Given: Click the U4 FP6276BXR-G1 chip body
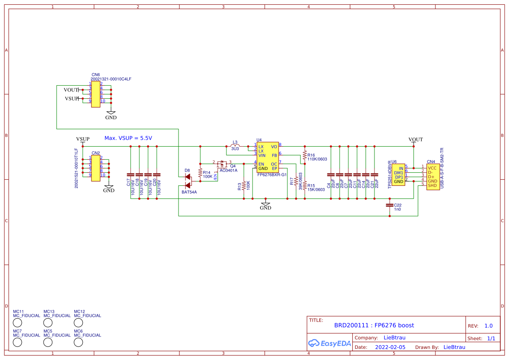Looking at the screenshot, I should (267, 157).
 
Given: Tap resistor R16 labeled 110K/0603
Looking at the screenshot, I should (304, 155).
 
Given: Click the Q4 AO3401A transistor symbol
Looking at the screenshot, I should (222, 164).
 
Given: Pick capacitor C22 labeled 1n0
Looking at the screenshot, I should (390, 205).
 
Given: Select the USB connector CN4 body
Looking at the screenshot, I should (432, 176).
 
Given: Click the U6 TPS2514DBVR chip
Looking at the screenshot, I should (398, 175).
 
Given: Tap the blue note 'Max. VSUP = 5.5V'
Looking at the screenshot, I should (128, 138).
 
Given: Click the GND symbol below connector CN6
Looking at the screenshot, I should (111, 114).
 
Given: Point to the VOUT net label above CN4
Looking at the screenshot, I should (415, 140).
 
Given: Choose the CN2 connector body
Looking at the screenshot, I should (95, 166).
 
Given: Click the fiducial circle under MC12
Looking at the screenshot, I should (78, 323).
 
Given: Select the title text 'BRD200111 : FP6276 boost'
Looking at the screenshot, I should (374, 325).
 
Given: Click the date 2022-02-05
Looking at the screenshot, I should (390, 347).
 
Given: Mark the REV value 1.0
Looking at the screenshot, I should (488, 326).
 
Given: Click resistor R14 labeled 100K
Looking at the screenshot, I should (200, 173).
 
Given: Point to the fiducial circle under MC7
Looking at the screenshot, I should (17, 342).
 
